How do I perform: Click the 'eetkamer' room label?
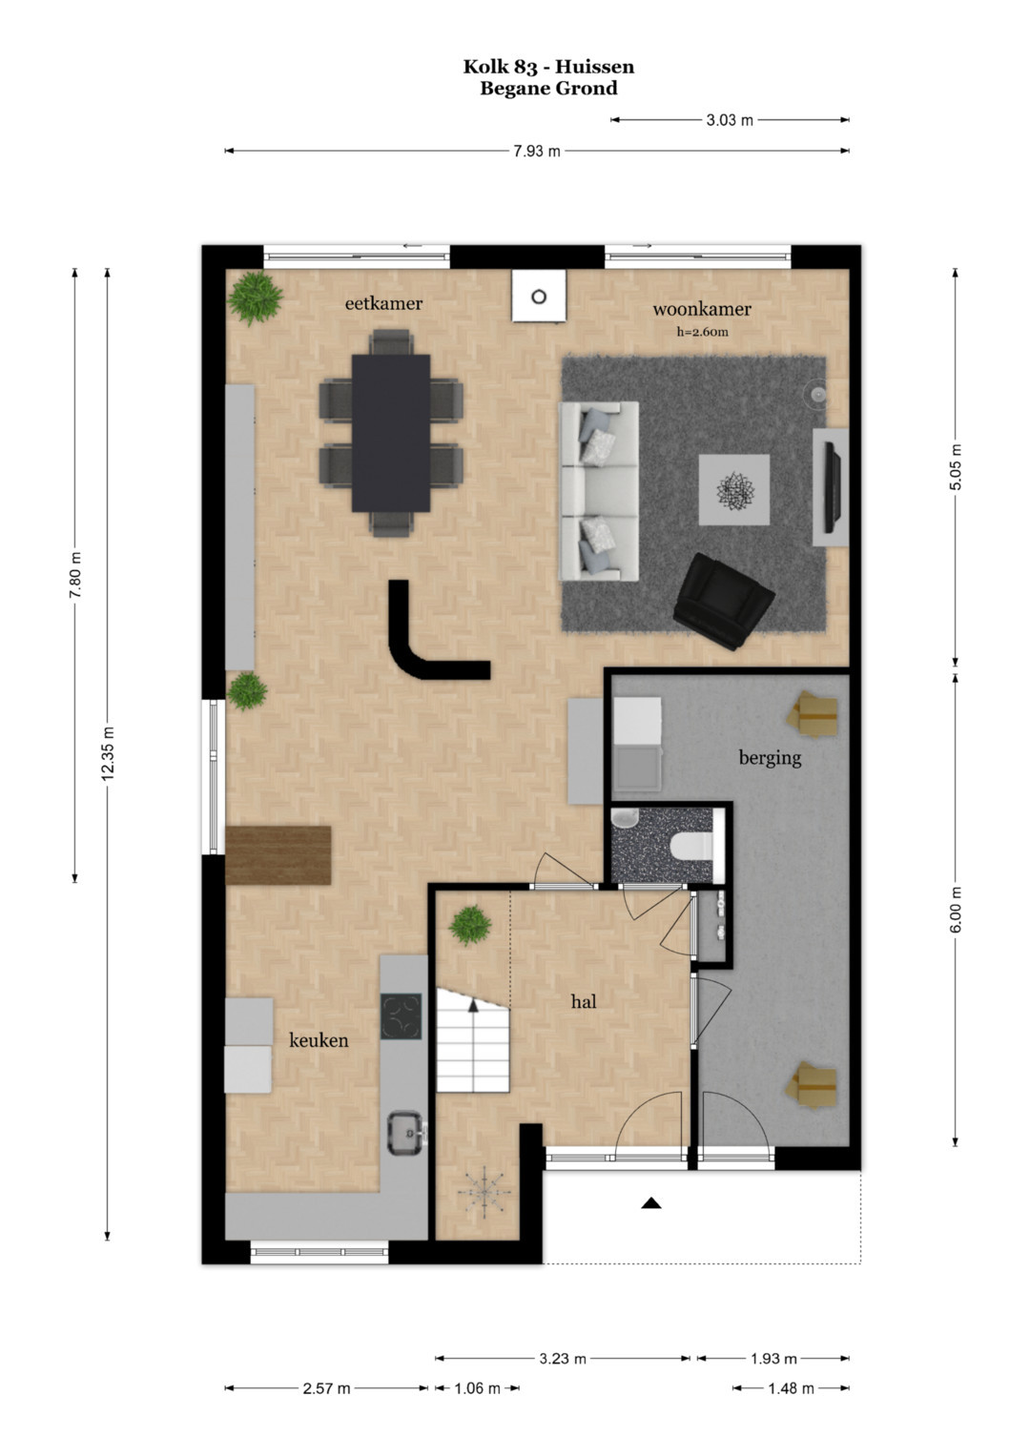pyautogui.click(x=383, y=303)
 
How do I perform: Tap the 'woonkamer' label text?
pyautogui.click(x=702, y=309)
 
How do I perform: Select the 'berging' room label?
pyautogui.click(x=770, y=758)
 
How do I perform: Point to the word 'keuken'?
pyautogui.click(x=319, y=1040)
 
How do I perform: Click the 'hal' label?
pyautogui.click(x=584, y=1001)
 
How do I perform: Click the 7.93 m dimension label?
pyautogui.click(x=536, y=152)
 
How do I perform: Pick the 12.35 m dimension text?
pyautogui.click(x=107, y=753)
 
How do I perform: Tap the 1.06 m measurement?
pyautogui.click(x=477, y=1388)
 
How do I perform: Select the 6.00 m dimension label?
pyautogui.click(x=956, y=910)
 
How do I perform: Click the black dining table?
pyautogui.click(x=391, y=433)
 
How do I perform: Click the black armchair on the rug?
pyautogui.click(x=723, y=601)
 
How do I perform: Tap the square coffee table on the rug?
pyautogui.click(x=734, y=489)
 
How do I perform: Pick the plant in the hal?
pyautogui.click(x=470, y=925)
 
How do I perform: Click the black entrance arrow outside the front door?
pyautogui.click(x=650, y=1203)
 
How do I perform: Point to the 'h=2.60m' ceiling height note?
pyautogui.click(x=702, y=332)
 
